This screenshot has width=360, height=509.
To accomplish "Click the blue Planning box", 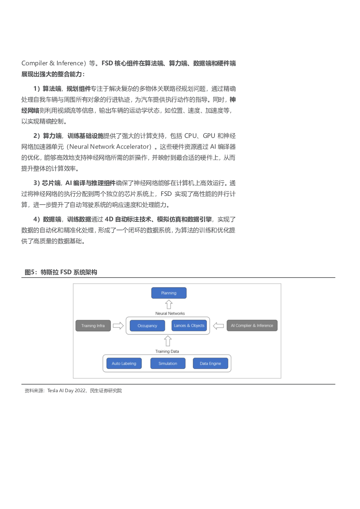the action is tap(169, 293).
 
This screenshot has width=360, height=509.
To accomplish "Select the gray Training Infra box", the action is tap(93, 326).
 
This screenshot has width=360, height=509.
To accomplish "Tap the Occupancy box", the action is tap(147, 326).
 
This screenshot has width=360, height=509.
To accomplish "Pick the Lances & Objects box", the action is tap(189, 325).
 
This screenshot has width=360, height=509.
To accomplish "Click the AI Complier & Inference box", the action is tap(252, 325).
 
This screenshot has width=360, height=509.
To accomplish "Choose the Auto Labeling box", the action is tap(124, 364).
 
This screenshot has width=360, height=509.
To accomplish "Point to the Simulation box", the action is tap(168, 364).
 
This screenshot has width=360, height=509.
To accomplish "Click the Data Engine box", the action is tap(210, 364).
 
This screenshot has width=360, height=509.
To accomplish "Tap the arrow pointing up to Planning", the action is tap(169, 304).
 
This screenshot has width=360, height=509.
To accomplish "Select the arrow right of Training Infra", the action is tap(118, 326).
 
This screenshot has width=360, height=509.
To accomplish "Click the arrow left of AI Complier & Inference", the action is tap(218, 326).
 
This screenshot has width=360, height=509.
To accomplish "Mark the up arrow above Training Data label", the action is tap(168, 341).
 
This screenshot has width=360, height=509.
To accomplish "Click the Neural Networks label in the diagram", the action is tap(170, 313).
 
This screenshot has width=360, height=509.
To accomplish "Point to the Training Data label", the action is tap(167, 351).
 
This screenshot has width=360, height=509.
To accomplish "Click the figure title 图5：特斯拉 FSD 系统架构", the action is tap(61, 272).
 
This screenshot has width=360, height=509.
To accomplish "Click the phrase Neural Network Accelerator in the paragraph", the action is tap(110, 147).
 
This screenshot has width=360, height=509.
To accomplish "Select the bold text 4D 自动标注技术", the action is tap(128, 219).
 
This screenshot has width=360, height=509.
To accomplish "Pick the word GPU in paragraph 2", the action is tap(209, 136).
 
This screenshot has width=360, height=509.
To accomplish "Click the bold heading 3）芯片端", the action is tap(47, 183).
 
